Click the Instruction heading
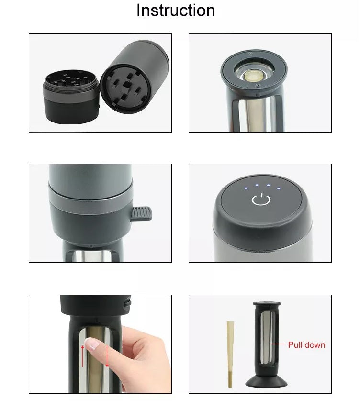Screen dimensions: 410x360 (x=176, y=11)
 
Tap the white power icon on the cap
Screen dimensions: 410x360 (x=259, y=199)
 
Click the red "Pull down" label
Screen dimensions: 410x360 (x=306, y=344)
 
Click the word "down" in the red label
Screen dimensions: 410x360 (x=315, y=344)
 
